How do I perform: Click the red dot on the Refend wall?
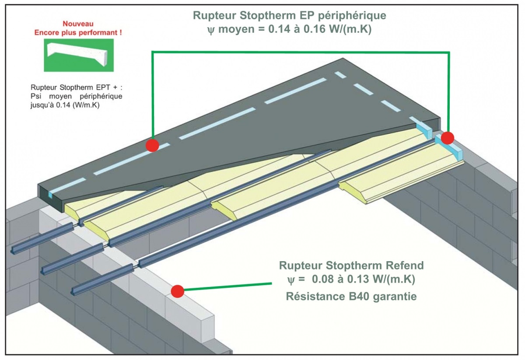point(177,291)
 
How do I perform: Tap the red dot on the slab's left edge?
point(152,145)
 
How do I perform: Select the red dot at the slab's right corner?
point(447,138)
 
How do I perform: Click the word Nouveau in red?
point(79,24)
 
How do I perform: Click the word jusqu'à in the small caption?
point(43,105)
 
